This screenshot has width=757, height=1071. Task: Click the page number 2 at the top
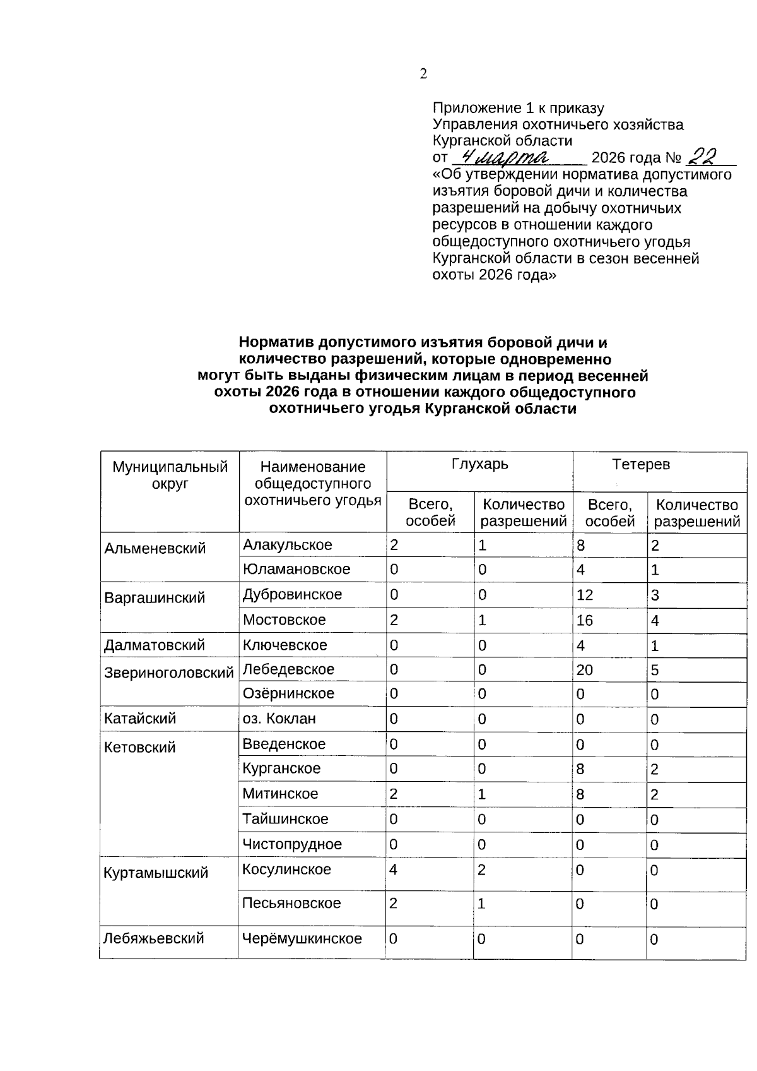tap(423, 74)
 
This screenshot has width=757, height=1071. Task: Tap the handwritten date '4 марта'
tap(505, 155)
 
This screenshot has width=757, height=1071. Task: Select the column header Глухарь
tap(479, 465)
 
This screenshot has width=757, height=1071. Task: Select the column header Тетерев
tap(641, 465)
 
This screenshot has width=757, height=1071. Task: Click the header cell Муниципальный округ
tap(170, 476)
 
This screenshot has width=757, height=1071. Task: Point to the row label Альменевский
tap(155, 548)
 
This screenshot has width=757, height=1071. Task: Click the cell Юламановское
tap(296, 569)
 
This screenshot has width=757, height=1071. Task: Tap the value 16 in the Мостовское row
tap(584, 620)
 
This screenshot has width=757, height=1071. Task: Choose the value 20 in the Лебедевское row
tap(584, 669)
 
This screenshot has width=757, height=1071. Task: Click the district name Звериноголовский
tap(168, 673)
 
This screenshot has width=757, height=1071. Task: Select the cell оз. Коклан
tap(279, 719)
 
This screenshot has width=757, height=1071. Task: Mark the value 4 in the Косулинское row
tap(393, 870)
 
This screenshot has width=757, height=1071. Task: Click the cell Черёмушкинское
tap(302, 938)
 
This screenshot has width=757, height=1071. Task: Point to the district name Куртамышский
tap(155, 873)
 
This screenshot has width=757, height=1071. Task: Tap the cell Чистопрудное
tap(292, 844)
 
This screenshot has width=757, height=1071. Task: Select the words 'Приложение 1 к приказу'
tap(518, 108)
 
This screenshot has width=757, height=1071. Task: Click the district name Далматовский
tap(155, 645)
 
